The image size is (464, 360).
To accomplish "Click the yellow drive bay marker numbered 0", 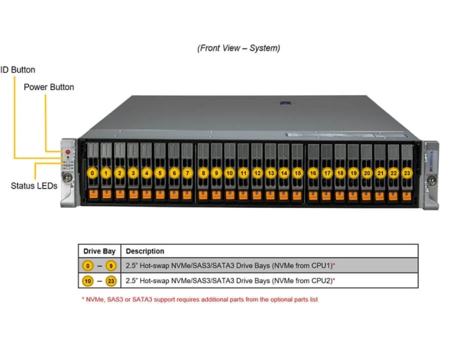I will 92,173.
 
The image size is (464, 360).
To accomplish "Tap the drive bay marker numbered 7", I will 188,173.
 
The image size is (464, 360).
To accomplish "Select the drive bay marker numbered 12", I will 257,173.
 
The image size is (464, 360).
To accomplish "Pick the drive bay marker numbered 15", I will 298,173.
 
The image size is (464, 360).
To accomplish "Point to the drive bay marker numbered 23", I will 407,173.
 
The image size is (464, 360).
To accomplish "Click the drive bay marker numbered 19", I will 353,173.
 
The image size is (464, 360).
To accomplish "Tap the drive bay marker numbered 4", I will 147,173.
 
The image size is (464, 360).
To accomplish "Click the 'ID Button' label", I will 18,70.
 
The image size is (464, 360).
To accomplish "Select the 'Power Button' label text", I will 49,87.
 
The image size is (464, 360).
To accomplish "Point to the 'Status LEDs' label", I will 34,186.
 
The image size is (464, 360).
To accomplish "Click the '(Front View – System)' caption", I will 239,48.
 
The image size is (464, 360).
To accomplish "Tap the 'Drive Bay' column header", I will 99,251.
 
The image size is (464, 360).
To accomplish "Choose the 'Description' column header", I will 145,251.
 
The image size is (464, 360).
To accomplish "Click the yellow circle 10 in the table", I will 88,280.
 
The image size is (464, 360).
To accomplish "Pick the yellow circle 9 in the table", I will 110,266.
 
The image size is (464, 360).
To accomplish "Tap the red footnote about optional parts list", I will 200,299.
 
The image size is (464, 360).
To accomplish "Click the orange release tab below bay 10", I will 229,194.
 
